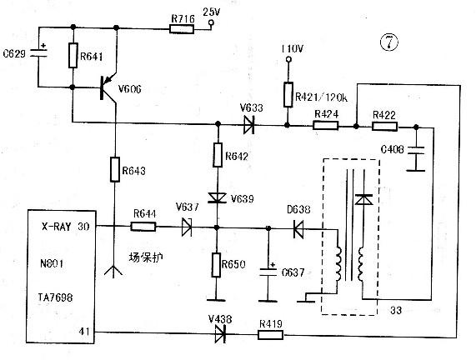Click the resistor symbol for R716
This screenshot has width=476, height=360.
click(x=182, y=29)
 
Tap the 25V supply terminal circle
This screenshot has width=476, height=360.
click(x=211, y=22)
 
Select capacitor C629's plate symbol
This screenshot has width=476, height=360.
click(x=39, y=52)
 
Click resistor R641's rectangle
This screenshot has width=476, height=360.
click(x=73, y=55)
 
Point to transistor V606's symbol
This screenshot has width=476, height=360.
click(x=108, y=88)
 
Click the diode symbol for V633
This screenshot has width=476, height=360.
click(x=248, y=125)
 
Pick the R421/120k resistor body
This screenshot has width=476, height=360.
click(x=288, y=95)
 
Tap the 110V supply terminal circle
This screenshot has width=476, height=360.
click(x=289, y=59)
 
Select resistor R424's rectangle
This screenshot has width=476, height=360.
click(x=325, y=125)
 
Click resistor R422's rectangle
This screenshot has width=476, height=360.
click(x=384, y=127)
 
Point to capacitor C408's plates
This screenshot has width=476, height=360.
click(x=416, y=151)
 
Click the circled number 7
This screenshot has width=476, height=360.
click(x=388, y=42)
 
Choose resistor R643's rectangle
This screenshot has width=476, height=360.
click(x=115, y=169)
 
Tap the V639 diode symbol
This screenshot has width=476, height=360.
click(x=217, y=197)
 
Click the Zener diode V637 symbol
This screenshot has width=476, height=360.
click(x=187, y=227)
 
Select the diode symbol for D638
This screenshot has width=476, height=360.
click(x=298, y=229)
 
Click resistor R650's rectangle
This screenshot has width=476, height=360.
click(x=216, y=265)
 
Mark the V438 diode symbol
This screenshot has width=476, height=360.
click(x=220, y=334)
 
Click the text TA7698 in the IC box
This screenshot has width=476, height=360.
click(x=56, y=297)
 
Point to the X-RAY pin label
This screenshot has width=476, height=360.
click(x=56, y=227)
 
